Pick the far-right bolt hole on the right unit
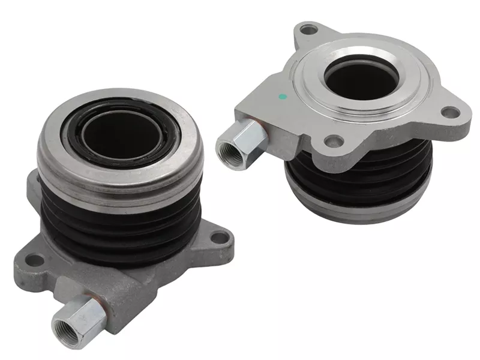449,112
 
